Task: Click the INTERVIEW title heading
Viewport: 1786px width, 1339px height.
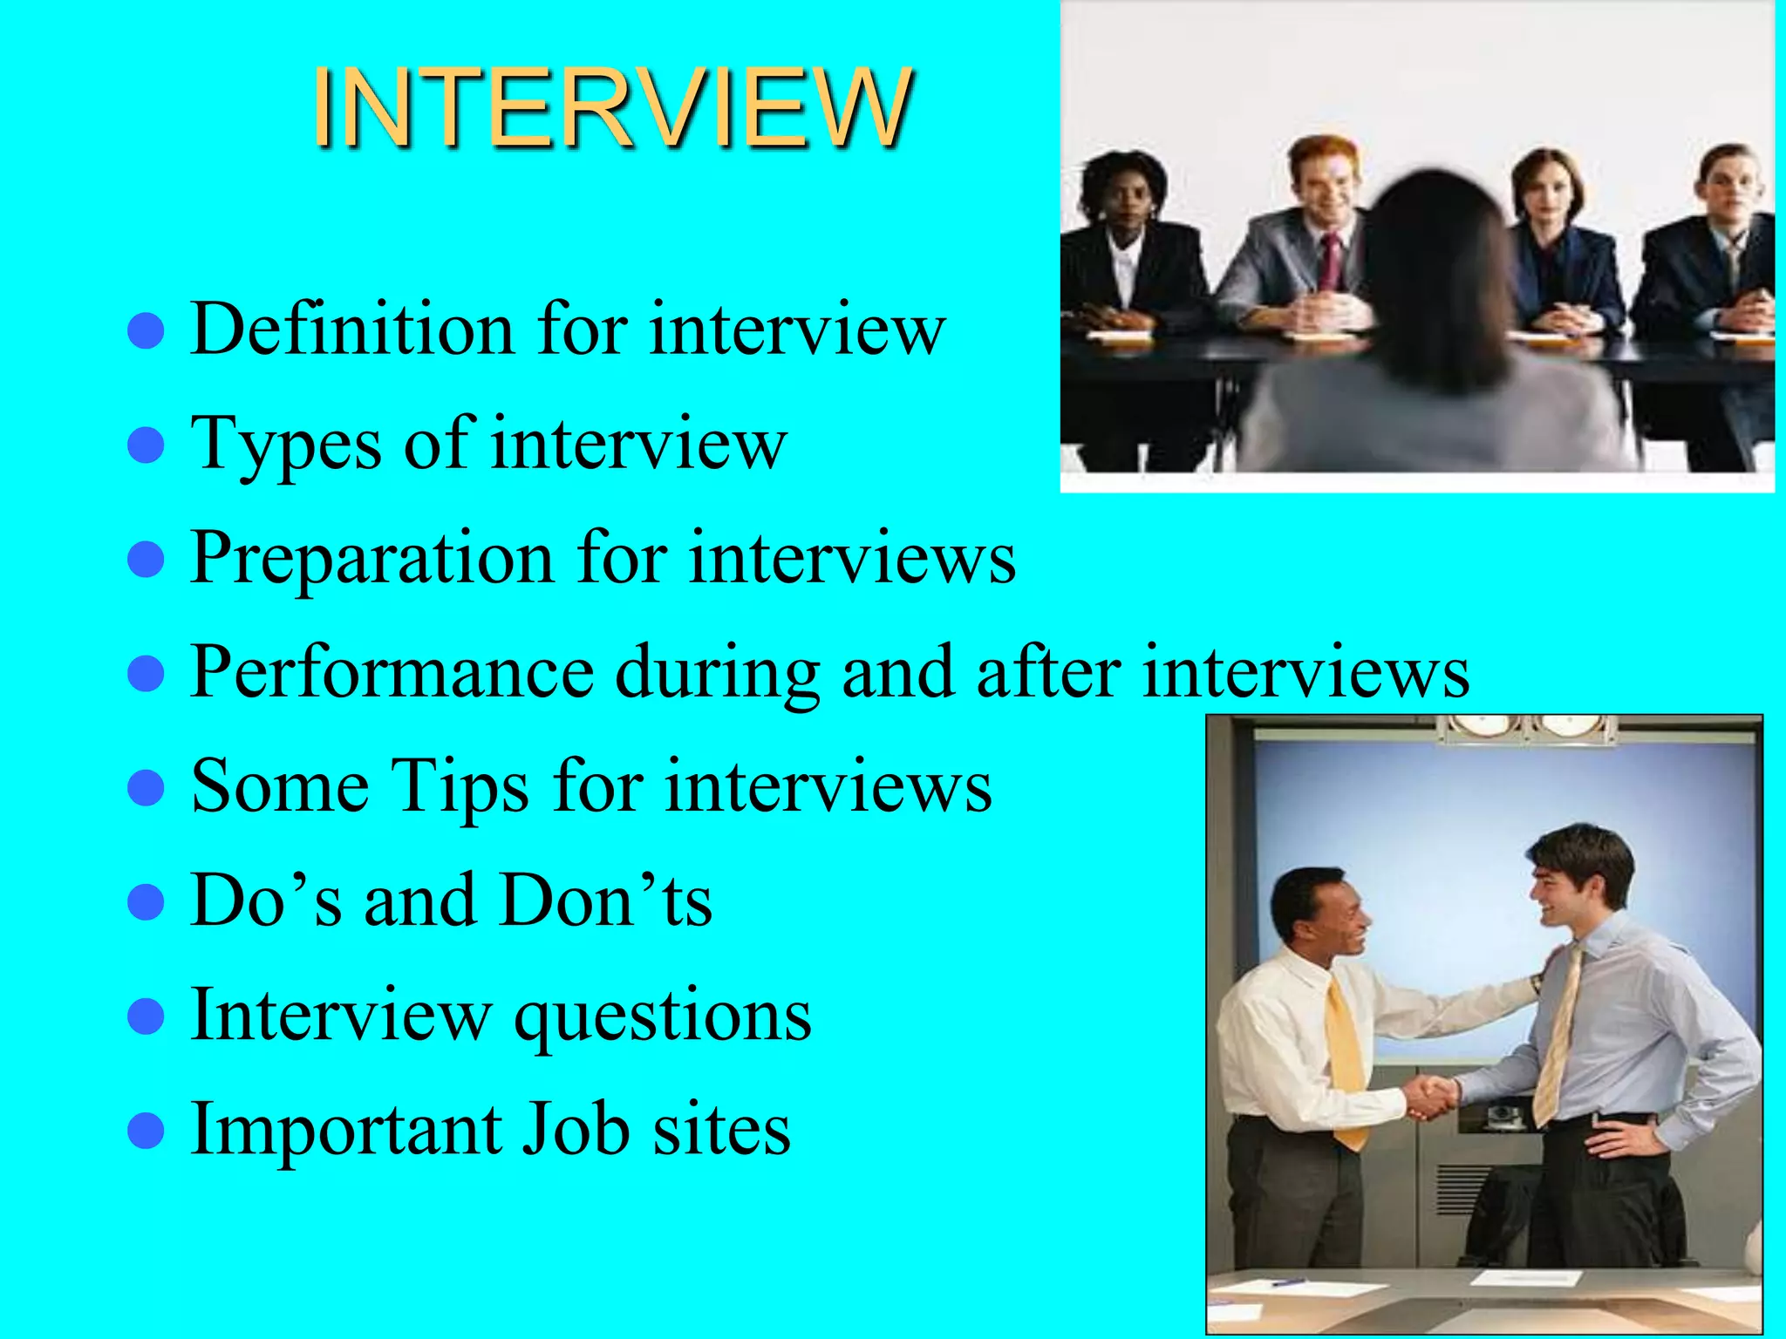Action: point(613,108)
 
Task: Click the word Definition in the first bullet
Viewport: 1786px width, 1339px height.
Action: point(352,330)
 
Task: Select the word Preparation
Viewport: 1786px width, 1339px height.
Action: point(372,558)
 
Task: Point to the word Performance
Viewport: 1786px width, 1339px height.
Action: point(392,672)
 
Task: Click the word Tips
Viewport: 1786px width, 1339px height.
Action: point(460,786)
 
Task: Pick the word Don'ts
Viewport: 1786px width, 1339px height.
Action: point(607,901)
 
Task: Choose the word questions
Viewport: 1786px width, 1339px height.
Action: point(663,1016)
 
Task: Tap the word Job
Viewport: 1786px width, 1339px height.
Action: point(576,1130)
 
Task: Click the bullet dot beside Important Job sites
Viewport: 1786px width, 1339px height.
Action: point(146,1132)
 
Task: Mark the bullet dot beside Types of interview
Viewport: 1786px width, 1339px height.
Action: point(146,445)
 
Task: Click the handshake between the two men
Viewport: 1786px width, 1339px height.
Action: point(1430,1096)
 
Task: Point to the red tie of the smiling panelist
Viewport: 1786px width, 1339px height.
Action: point(1331,262)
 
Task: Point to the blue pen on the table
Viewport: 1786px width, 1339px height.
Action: point(1288,1282)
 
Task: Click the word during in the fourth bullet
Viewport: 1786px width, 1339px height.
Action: point(717,672)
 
